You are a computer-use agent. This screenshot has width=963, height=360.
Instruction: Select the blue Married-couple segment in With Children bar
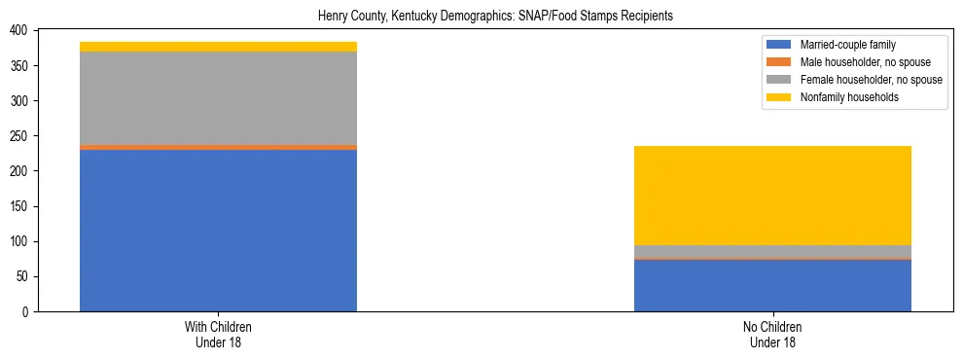pyautogui.click(x=218, y=230)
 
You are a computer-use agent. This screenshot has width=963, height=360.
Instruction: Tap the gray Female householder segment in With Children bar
pyautogui.click(x=218, y=97)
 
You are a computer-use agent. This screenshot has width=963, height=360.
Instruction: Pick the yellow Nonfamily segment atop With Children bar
pyautogui.click(x=218, y=47)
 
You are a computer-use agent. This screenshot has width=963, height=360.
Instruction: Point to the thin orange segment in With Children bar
pyautogui.click(x=218, y=147)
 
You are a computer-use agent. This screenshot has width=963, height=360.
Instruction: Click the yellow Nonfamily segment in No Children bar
pyautogui.click(x=772, y=195)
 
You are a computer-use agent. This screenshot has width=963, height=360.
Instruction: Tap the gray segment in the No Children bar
pyautogui.click(x=772, y=251)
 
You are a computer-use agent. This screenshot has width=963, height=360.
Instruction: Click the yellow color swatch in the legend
pyautogui.click(x=780, y=97)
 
